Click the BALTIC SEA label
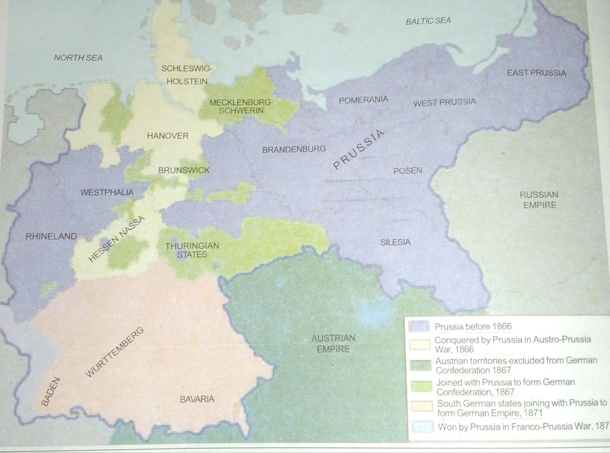[x=428, y=21]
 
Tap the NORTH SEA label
[x=78, y=58]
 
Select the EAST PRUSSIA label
[x=536, y=73]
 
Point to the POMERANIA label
[x=363, y=100]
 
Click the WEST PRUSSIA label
[x=445, y=102]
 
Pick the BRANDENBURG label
[x=294, y=149]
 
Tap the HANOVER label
[x=168, y=136]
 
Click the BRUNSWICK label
[x=184, y=170]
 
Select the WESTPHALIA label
[x=107, y=192]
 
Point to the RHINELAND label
[x=51, y=237]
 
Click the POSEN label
[x=408, y=171]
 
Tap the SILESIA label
[x=395, y=242]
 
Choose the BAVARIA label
[x=197, y=399]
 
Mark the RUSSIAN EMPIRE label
[x=539, y=200]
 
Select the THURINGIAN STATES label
[x=192, y=250]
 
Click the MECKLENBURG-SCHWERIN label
[x=241, y=107]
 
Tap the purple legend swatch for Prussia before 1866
[x=419, y=327]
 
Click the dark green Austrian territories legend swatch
[x=420, y=365]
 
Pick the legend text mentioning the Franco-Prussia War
[x=523, y=427]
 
